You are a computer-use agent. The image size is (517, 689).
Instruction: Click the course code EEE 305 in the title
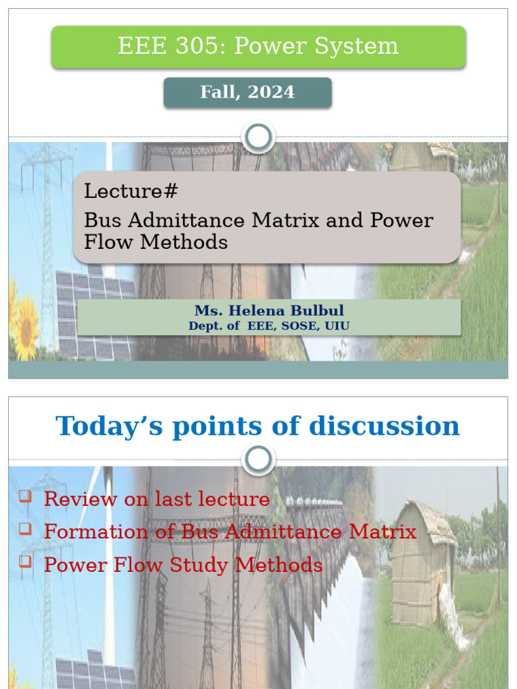pos(164,46)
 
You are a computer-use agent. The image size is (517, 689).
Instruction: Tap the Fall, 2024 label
pos(247,92)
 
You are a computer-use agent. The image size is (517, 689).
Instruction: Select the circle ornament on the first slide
pos(258,138)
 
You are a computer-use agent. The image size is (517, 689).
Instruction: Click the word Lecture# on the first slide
pos(131,191)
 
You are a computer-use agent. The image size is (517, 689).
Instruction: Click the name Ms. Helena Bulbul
pos(269,311)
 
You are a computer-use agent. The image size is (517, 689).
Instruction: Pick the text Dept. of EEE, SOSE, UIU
pos(269,326)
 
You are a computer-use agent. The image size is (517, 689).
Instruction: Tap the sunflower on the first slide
pos(26,328)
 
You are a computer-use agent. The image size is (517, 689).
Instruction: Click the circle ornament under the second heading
pos(258,460)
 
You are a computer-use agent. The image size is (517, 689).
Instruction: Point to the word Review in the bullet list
pos(75,499)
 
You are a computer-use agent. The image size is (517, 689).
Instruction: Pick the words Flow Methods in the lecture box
pos(156,242)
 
